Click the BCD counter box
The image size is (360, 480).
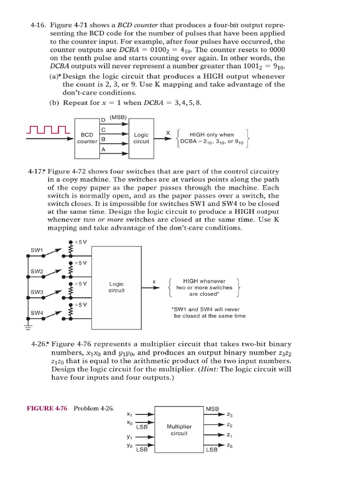click(x=87, y=137)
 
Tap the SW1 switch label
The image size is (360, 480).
click(x=37, y=250)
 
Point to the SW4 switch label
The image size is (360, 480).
click(x=37, y=313)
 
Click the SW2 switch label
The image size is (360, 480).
click(x=37, y=271)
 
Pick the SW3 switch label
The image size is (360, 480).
click(x=37, y=292)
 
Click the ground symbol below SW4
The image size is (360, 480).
click(x=28, y=323)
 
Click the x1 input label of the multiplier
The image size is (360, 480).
click(x=129, y=414)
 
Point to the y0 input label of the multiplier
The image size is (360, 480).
click(x=129, y=446)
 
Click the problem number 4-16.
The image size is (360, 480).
click(x=38, y=25)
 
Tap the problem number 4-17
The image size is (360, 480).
click(x=38, y=172)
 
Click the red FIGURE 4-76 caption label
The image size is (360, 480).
click(x=47, y=408)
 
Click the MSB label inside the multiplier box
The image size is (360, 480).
click(x=212, y=409)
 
